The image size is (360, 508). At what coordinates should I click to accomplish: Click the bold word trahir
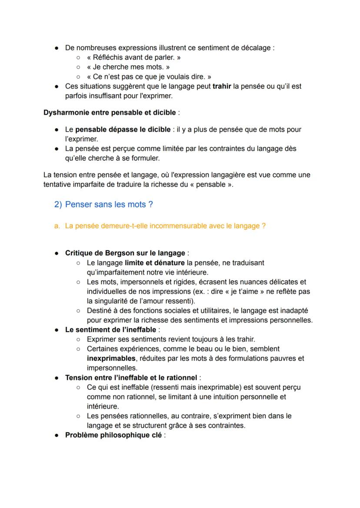(x=222, y=86)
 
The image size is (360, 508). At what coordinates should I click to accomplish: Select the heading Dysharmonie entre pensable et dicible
(x=110, y=113)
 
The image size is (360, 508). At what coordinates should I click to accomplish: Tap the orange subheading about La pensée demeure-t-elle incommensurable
(x=165, y=226)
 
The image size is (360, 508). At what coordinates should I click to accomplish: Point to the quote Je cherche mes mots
(x=128, y=67)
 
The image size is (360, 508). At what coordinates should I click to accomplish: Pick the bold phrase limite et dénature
(x=154, y=263)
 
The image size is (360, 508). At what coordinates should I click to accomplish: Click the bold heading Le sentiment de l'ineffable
(x=111, y=330)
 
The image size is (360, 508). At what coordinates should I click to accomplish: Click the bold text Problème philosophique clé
(x=113, y=435)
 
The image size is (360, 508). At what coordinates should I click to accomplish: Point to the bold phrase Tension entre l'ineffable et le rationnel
(x=131, y=378)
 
